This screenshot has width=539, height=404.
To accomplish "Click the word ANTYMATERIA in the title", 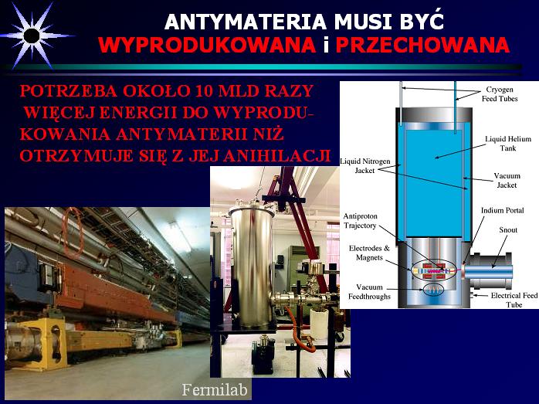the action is (x=245, y=22).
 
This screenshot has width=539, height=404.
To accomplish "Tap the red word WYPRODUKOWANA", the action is (x=207, y=45).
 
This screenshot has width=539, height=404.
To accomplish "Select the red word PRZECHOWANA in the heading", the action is (x=422, y=45).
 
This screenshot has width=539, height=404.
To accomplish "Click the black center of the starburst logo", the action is (x=32, y=36).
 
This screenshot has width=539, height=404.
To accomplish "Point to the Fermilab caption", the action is (x=215, y=389).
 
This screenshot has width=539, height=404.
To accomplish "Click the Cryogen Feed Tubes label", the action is (x=500, y=94).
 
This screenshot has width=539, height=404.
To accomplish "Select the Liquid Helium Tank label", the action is (x=508, y=144).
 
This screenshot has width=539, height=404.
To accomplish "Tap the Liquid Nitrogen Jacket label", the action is (x=365, y=165).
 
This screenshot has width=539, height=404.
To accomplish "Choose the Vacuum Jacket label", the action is (x=507, y=180).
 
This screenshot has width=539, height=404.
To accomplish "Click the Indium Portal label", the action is (x=502, y=210).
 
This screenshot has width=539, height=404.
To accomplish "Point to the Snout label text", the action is (x=508, y=229).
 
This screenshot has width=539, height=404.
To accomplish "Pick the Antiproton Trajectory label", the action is (x=361, y=221).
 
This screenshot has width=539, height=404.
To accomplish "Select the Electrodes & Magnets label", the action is (x=370, y=253).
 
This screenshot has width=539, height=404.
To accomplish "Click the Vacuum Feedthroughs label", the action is (x=370, y=291).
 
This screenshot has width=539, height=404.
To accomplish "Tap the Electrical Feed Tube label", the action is (x=514, y=300).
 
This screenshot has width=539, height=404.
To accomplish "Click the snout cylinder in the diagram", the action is (x=491, y=270).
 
